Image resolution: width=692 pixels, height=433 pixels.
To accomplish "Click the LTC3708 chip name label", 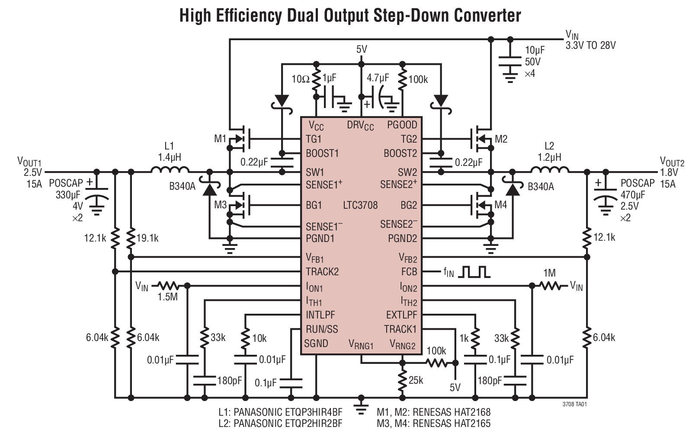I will point(360,205).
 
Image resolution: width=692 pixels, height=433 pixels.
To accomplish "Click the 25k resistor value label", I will point(416,380).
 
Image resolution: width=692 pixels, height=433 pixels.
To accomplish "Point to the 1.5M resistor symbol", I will point(167,286).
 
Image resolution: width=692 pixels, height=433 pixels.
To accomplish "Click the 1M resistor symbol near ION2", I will point(551,286).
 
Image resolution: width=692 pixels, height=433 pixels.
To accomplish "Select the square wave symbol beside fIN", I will point(475,272).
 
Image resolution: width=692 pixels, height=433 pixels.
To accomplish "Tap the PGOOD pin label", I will point(402,125).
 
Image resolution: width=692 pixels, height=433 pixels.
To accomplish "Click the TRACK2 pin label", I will point(322,272).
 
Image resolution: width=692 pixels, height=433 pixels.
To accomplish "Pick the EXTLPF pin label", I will point(401,315).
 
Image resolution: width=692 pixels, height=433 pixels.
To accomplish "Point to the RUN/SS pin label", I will point(322,329).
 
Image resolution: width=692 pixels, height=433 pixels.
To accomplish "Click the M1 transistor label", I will point(220,139).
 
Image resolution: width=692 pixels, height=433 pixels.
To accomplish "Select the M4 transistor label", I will point(500,205).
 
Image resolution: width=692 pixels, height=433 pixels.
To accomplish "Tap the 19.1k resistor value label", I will point(147,238).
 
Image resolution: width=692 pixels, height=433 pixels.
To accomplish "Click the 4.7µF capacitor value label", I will point(378,78).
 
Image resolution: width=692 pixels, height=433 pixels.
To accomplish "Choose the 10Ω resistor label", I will point(300,79).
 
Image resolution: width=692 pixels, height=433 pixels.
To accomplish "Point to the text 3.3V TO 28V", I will point(590,45).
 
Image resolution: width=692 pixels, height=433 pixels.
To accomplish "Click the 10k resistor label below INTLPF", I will point(259,338).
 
